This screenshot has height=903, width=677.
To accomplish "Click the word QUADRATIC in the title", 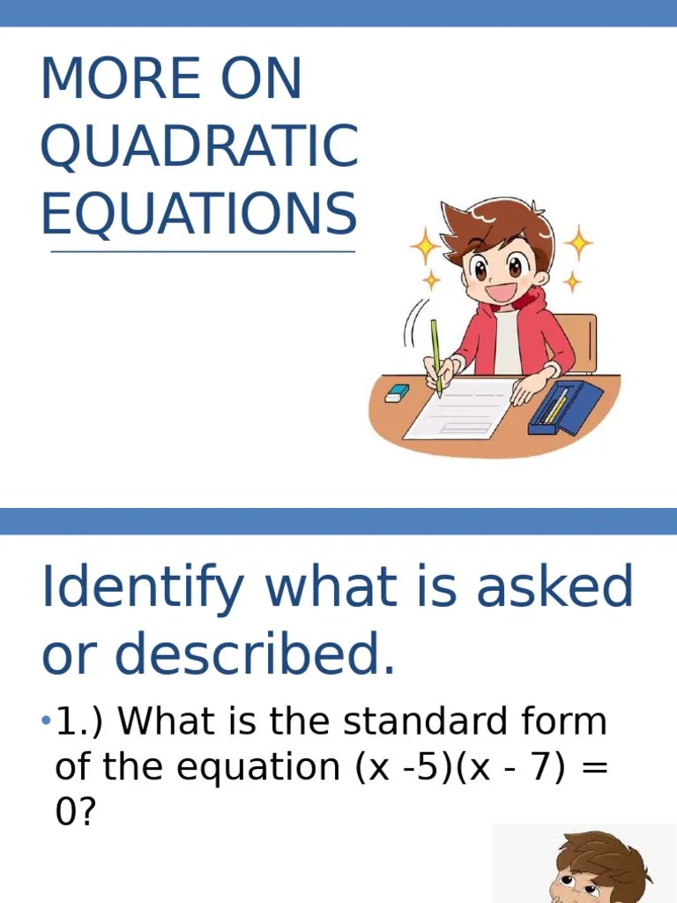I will click(199, 147).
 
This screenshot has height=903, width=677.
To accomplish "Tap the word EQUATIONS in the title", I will click(199, 214).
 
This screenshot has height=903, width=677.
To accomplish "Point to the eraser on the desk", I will click(398, 392).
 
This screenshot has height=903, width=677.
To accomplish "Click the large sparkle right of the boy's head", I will click(578, 242).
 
